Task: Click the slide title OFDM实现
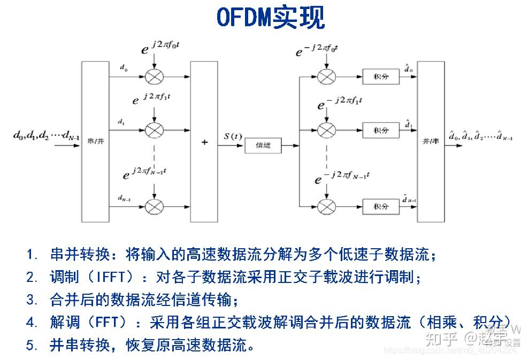[x=270, y=17]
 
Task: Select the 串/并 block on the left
[x=95, y=141]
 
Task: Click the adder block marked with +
[x=204, y=142]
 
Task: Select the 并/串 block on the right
[x=431, y=141]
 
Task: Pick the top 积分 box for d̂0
[x=380, y=76]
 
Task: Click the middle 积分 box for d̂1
[x=380, y=130]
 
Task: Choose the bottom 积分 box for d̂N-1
[x=380, y=206]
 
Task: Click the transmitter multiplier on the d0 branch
[x=154, y=76]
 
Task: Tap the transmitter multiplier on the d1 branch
[x=154, y=130]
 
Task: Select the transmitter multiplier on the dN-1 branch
[x=154, y=206]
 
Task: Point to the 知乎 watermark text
[x=441, y=338]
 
